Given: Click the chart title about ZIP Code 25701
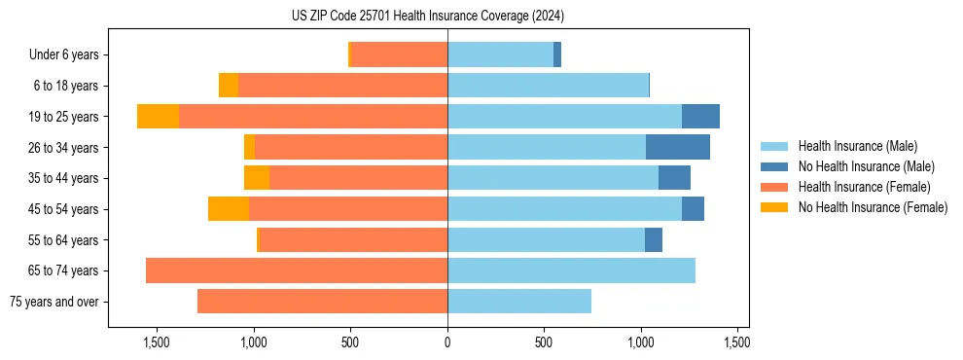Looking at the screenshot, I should tap(428, 16).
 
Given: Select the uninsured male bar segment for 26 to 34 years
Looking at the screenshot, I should tap(677, 147).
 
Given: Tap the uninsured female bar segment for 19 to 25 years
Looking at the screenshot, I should tap(158, 117).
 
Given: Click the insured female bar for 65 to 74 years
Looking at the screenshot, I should tap(297, 270).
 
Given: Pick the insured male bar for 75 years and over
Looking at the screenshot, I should tap(519, 302).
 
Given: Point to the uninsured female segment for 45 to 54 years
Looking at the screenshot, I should tap(229, 209).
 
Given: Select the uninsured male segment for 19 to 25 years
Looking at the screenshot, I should tap(700, 117).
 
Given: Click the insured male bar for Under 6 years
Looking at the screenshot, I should tap(500, 54).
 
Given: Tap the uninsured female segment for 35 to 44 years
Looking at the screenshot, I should tap(257, 178).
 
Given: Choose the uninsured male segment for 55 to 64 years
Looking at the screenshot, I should tap(653, 239).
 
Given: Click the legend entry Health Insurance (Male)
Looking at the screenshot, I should tap(857, 146).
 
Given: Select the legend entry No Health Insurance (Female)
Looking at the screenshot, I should tap(873, 207).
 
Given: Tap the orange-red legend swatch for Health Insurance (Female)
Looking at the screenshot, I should tap(774, 187).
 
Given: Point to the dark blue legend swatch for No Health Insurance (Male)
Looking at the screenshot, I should tap(774, 166).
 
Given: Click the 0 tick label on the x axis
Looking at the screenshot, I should tap(447, 342).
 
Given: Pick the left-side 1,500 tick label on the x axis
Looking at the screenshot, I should tap(157, 342).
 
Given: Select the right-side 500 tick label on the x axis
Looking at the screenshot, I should tap(544, 342).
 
